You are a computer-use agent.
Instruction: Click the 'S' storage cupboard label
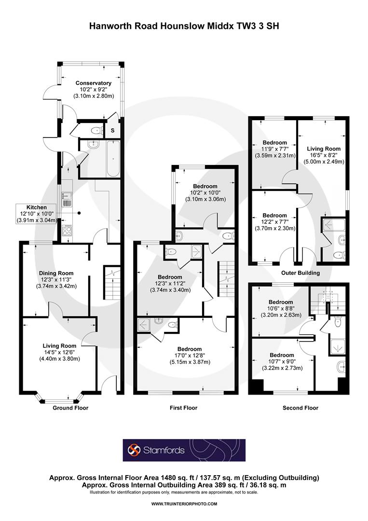112,130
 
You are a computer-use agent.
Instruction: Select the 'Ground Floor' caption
70,408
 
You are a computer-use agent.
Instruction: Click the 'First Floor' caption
183,408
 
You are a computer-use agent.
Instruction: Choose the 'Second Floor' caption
300,408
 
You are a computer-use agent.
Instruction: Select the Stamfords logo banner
184,450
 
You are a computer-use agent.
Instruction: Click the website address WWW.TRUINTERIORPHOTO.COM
184,504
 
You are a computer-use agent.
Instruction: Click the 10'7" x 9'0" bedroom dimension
275,361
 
